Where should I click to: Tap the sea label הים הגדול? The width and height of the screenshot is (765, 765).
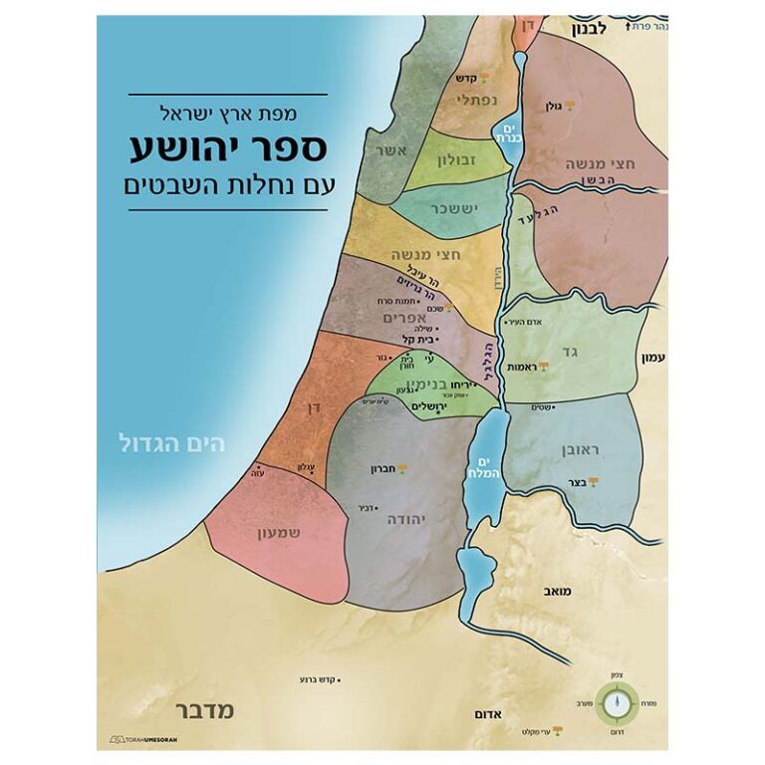pyautogui.click(x=171, y=441)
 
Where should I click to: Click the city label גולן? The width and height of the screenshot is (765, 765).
pyautogui.click(x=554, y=106)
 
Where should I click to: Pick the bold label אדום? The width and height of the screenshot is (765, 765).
pyautogui.click(x=487, y=715)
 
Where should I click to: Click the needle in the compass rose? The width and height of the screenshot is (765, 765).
pyautogui.click(x=617, y=703)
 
